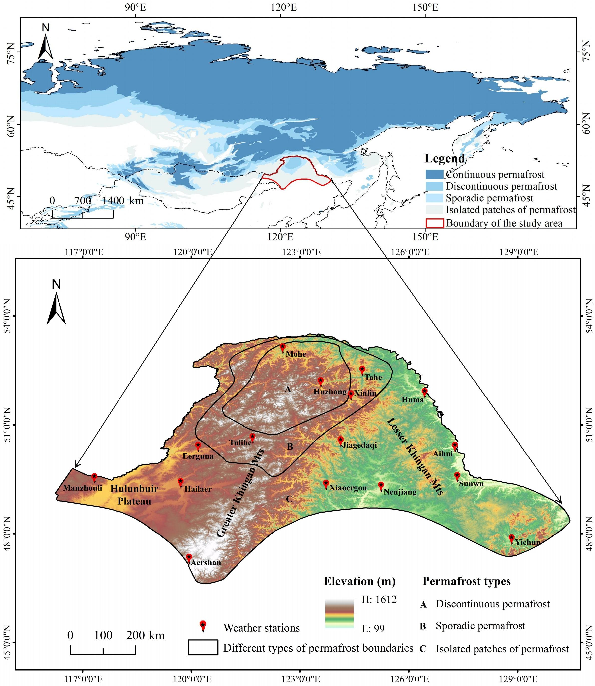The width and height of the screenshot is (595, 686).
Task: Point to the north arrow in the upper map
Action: (x=46, y=45)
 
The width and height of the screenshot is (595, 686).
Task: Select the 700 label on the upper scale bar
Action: (x=83, y=201)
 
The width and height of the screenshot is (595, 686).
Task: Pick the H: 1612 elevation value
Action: (x=379, y=599)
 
